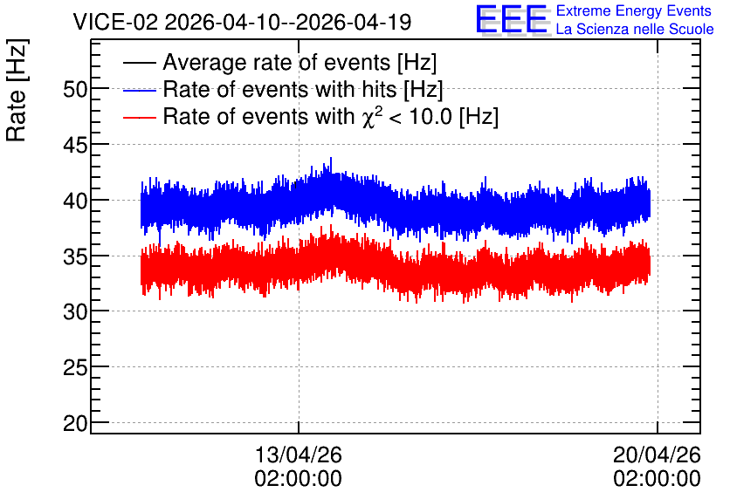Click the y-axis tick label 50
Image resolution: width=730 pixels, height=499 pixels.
click(x=75, y=89)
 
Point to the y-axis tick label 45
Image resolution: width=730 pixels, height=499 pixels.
click(x=75, y=146)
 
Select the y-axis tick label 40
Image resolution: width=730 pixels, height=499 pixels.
click(x=75, y=201)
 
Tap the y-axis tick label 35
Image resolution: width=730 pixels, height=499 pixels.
click(x=75, y=256)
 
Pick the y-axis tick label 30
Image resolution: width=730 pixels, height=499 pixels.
click(x=75, y=312)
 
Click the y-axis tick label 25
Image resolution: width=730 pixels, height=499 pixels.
click(x=75, y=368)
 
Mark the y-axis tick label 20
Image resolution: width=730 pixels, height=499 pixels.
click(x=75, y=424)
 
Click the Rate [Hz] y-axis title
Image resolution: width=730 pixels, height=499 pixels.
click(x=17, y=90)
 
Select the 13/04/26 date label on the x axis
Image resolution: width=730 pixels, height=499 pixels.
click(x=299, y=455)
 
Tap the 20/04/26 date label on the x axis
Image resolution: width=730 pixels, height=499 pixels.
click(x=657, y=455)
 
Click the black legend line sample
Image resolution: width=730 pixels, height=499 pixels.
click(x=139, y=63)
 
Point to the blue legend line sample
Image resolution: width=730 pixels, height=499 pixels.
click(x=139, y=90)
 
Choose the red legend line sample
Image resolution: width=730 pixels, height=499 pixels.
click(x=139, y=117)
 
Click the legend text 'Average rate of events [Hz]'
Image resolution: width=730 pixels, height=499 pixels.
click(x=300, y=62)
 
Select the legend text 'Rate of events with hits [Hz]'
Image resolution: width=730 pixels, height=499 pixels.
click(x=303, y=89)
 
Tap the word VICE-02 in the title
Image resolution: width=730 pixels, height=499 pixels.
click(x=115, y=22)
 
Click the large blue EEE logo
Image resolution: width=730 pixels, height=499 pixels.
click(x=513, y=20)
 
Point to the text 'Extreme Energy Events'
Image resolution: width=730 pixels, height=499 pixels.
click(x=634, y=10)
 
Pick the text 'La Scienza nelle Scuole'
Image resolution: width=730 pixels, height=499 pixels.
click(x=635, y=30)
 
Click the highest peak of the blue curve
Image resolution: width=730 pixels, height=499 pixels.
click(x=331, y=158)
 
